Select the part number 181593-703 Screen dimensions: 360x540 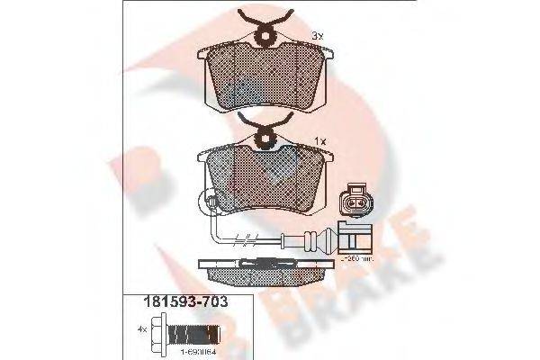point(174,302)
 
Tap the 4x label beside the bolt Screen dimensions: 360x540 point(141,329)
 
